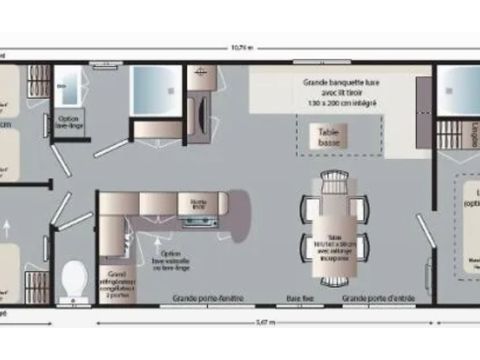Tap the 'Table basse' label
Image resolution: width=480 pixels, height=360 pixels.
click(x=327, y=135)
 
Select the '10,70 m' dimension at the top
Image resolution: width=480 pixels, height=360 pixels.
click(x=241, y=47)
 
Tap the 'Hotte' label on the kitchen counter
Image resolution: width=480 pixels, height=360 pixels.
click(x=198, y=202)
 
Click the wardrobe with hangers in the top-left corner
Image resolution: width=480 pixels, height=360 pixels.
click(x=38, y=80)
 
